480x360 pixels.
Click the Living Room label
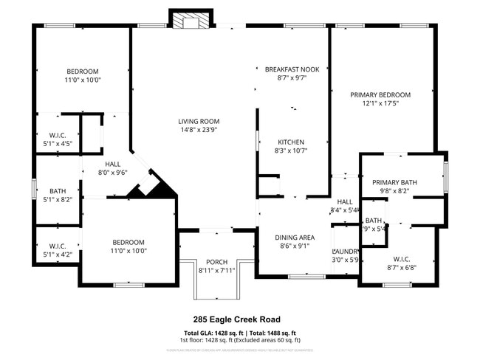[199, 122]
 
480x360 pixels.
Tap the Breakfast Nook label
[292, 69]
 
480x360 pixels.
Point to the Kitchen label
[291, 142]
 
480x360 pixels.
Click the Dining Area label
[295, 238]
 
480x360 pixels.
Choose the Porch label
[216, 262]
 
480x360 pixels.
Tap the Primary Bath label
[394, 182]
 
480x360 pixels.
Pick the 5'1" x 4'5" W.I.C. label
[58, 134]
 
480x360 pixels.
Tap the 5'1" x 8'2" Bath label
[58, 190]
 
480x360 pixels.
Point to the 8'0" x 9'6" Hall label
[113, 165]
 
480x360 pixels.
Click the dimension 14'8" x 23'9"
[199, 130]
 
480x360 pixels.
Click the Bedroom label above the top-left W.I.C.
[83, 72]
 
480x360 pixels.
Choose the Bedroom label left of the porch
[128, 242]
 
